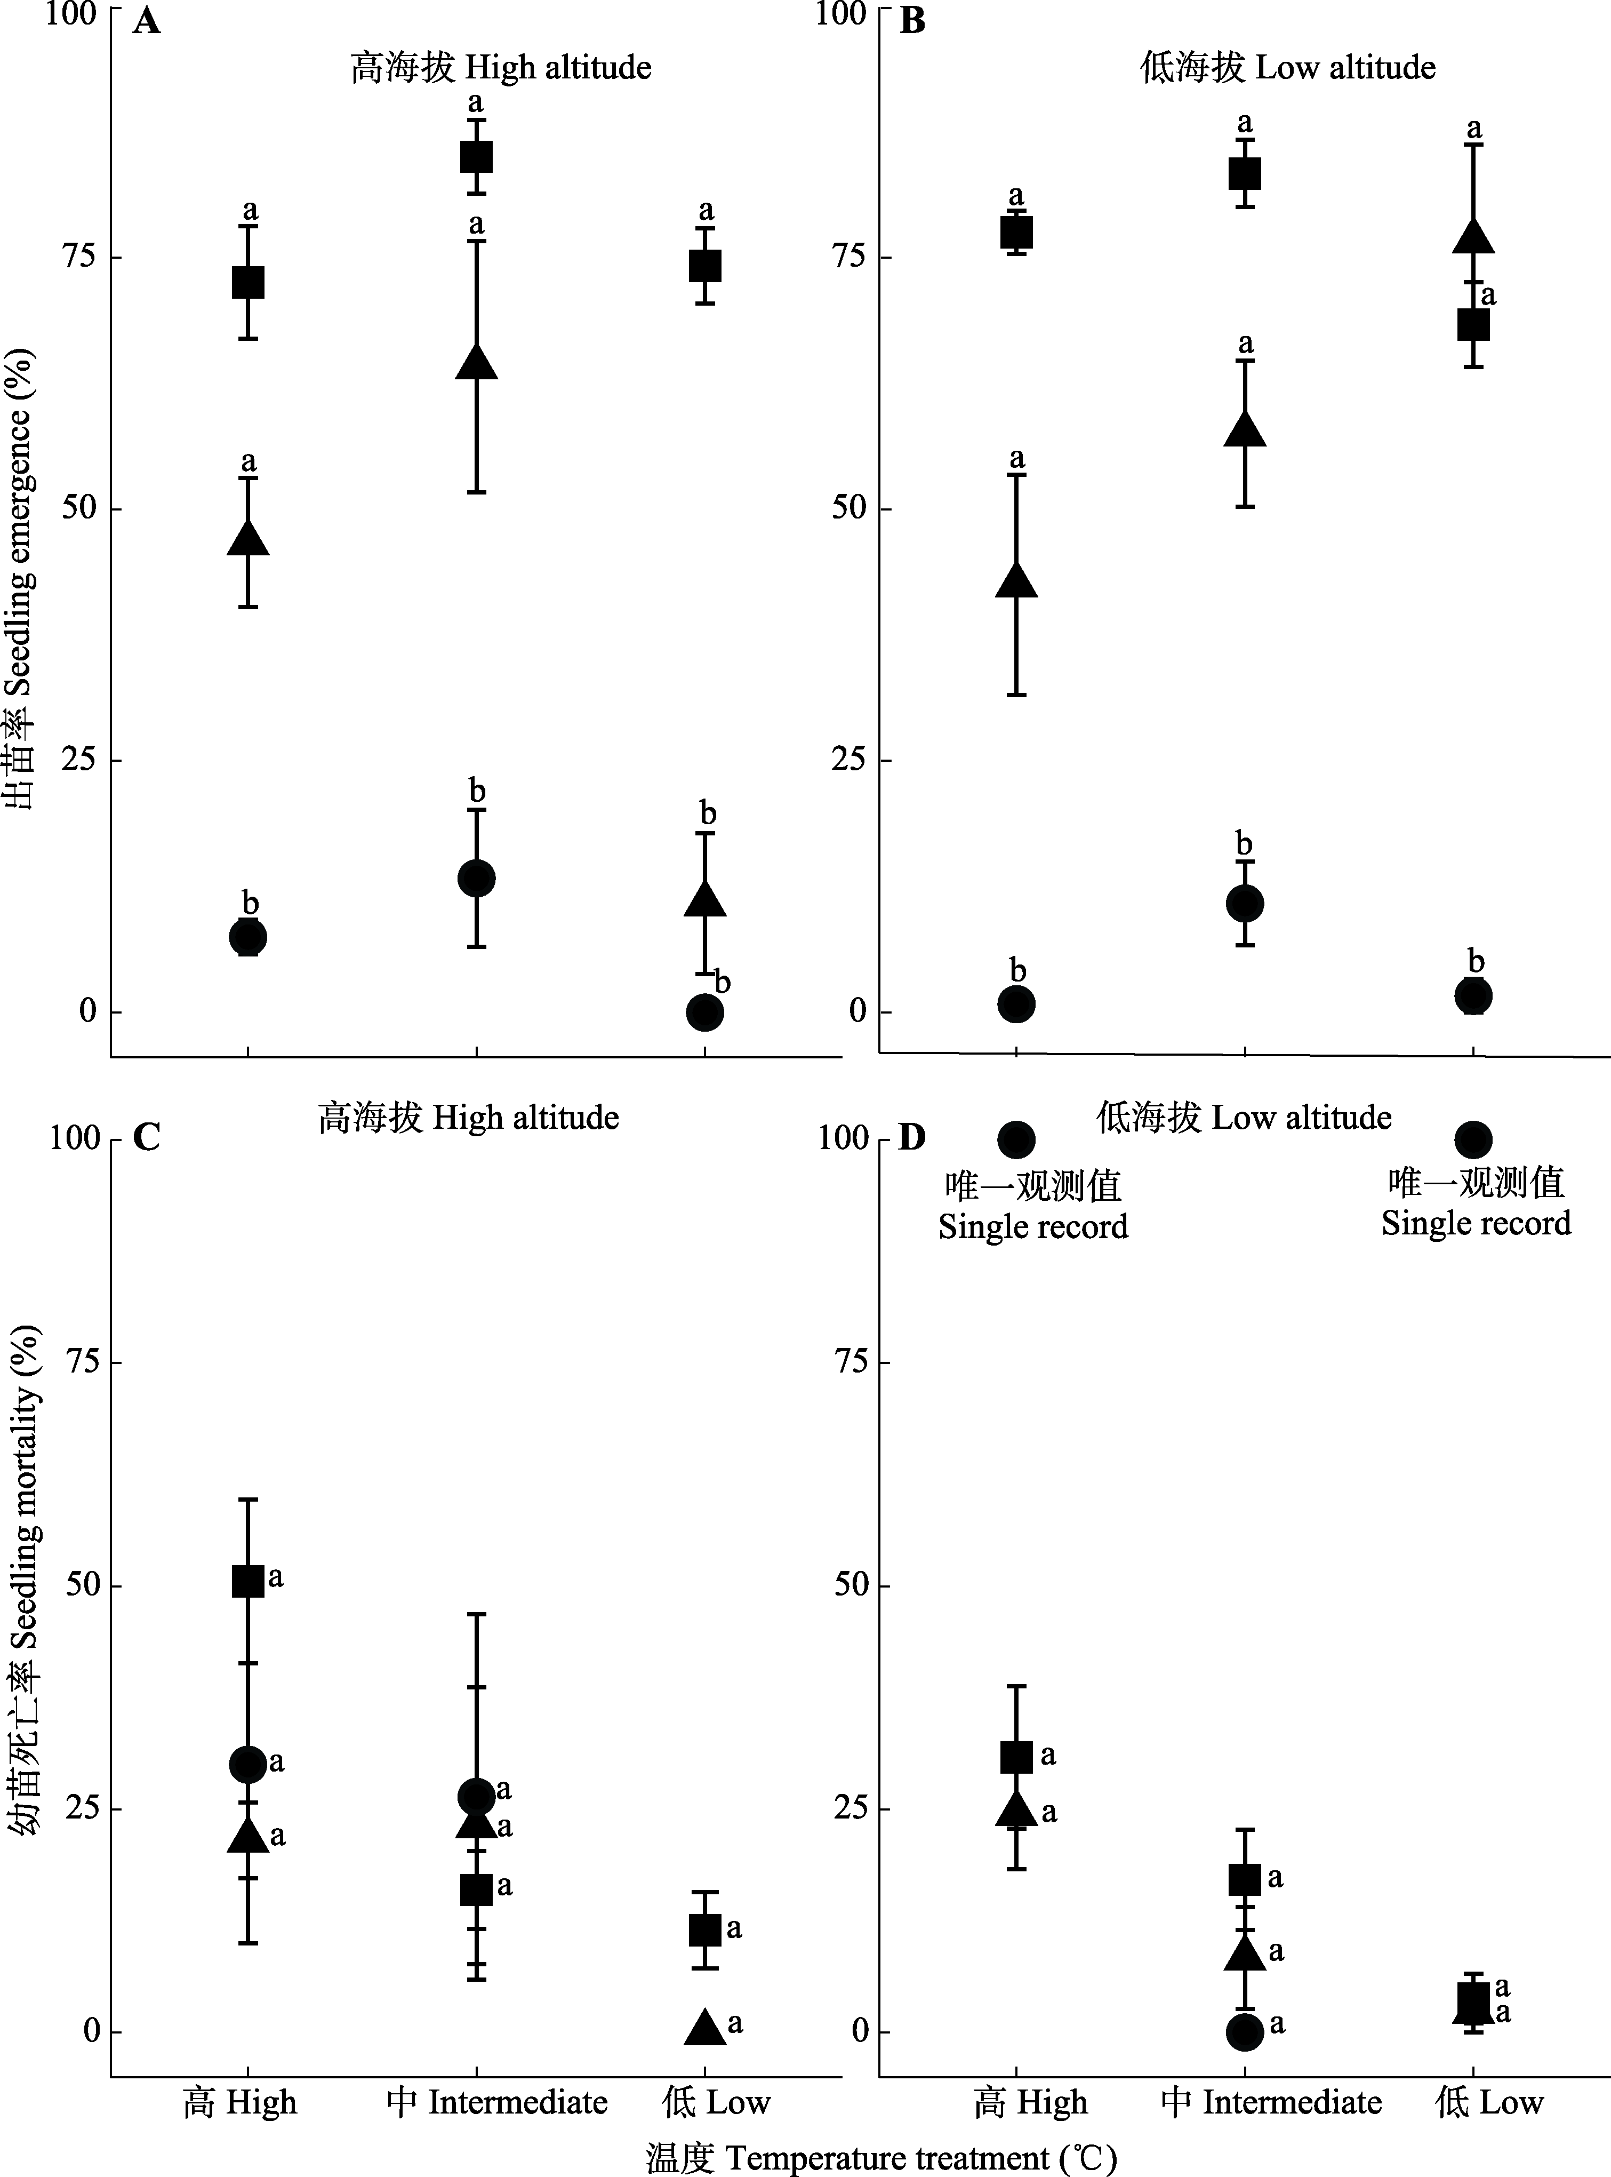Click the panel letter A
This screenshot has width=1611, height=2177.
pos(146,21)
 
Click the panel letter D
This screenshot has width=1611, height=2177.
pos(912,1138)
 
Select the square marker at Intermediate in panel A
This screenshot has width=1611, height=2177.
pos(476,157)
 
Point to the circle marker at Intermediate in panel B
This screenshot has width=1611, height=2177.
pos(1244,903)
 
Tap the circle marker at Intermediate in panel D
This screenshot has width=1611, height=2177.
pos(1244,2032)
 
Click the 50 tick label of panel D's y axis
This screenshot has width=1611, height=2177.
pos(851,1584)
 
